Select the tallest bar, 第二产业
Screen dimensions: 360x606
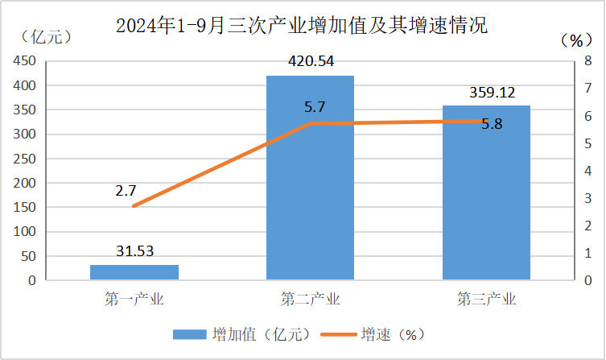click(x=310, y=178)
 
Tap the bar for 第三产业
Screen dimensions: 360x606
click(x=486, y=193)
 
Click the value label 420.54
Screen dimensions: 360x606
click(x=311, y=61)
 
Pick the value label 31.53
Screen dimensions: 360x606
click(x=134, y=252)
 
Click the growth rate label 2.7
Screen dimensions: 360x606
click(x=126, y=191)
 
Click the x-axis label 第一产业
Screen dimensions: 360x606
click(x=134, y=300)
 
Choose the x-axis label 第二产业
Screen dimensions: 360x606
click(x=310, y=300)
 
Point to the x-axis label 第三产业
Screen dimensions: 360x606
click(x=486, y=300)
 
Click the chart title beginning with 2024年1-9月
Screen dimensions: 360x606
click(x=302, y=25)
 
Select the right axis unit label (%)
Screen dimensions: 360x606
click(x=575, y=39)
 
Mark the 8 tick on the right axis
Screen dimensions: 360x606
click(x=588, y=60)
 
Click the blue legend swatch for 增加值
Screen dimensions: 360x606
click(x=189, y=333)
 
